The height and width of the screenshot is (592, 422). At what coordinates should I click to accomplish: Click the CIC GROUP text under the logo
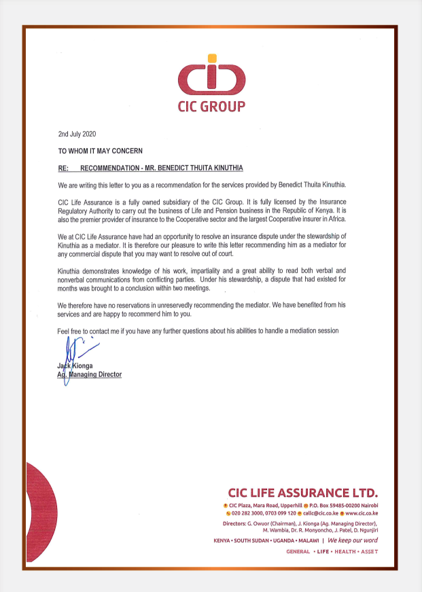point(211,107)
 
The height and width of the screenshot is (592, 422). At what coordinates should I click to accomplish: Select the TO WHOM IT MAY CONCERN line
point(100,150)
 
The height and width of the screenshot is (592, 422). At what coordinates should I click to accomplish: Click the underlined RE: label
point(65,167)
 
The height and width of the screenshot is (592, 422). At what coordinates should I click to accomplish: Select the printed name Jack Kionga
point(79,366)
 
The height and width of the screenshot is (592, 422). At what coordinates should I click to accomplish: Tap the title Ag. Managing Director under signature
point(89,374)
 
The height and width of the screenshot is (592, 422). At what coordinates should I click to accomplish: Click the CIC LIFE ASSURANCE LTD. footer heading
point(303,492)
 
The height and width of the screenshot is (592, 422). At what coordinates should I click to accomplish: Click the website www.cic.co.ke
point(361,514)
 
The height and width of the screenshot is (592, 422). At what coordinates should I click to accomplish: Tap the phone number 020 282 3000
point(249,514)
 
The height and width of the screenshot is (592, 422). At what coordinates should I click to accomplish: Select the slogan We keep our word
point(353,540)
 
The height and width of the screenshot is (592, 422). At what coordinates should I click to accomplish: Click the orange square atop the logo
point(212,58)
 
